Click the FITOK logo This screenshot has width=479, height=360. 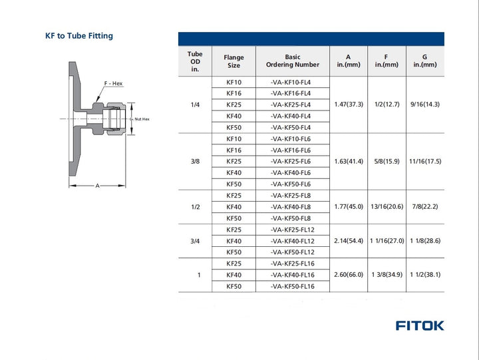coord(419,325)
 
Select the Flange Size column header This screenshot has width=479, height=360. coord(234,61)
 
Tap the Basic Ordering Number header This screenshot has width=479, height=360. coord(292,61)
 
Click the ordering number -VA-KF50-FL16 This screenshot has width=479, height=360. coord(292,286)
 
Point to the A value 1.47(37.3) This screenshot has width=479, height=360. coord(349,104)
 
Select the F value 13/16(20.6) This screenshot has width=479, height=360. coord(387,207)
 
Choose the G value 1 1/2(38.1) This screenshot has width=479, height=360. coord(425,275)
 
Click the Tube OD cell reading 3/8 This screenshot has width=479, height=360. coord(195,162)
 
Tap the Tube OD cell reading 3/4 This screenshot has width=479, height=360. coord(195,241)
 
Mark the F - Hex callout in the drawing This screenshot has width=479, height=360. coord(113,83)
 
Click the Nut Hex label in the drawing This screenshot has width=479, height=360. coord(142,119)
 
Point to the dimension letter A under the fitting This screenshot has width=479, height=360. coord(97,186)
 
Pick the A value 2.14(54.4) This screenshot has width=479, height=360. coord(349,241)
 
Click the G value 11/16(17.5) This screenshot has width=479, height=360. coord(425,162)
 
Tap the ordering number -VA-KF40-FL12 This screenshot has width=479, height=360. coord(292,241)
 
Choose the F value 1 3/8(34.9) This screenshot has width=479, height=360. coord(387,275)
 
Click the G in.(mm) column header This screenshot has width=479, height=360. coord(425,61)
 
